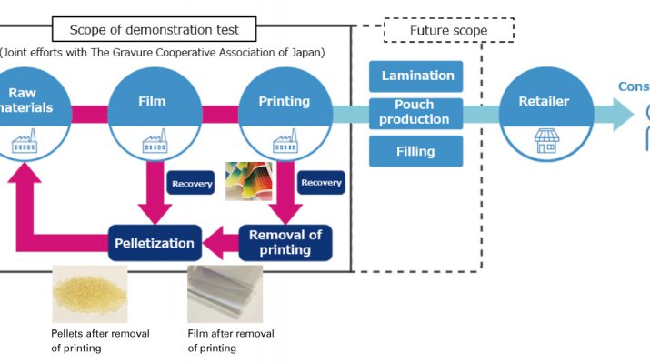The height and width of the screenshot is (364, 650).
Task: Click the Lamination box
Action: [415, 76]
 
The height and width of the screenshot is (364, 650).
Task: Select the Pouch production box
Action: [415, 113]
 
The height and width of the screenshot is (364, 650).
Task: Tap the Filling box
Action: [415, 151]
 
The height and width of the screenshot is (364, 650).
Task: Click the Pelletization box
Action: [155, 243]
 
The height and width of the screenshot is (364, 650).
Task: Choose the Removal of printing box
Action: [285, 243]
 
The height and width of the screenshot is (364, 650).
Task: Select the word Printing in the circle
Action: [285, 101]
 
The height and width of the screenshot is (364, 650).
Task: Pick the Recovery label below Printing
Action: [321, 183]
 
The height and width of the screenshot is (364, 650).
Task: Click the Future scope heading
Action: [448, 30]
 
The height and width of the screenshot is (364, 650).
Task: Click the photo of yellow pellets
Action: [88, 293]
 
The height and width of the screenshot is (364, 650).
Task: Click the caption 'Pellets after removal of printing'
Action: [100, 340]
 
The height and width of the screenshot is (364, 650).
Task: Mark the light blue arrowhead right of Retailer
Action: [623, 114]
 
